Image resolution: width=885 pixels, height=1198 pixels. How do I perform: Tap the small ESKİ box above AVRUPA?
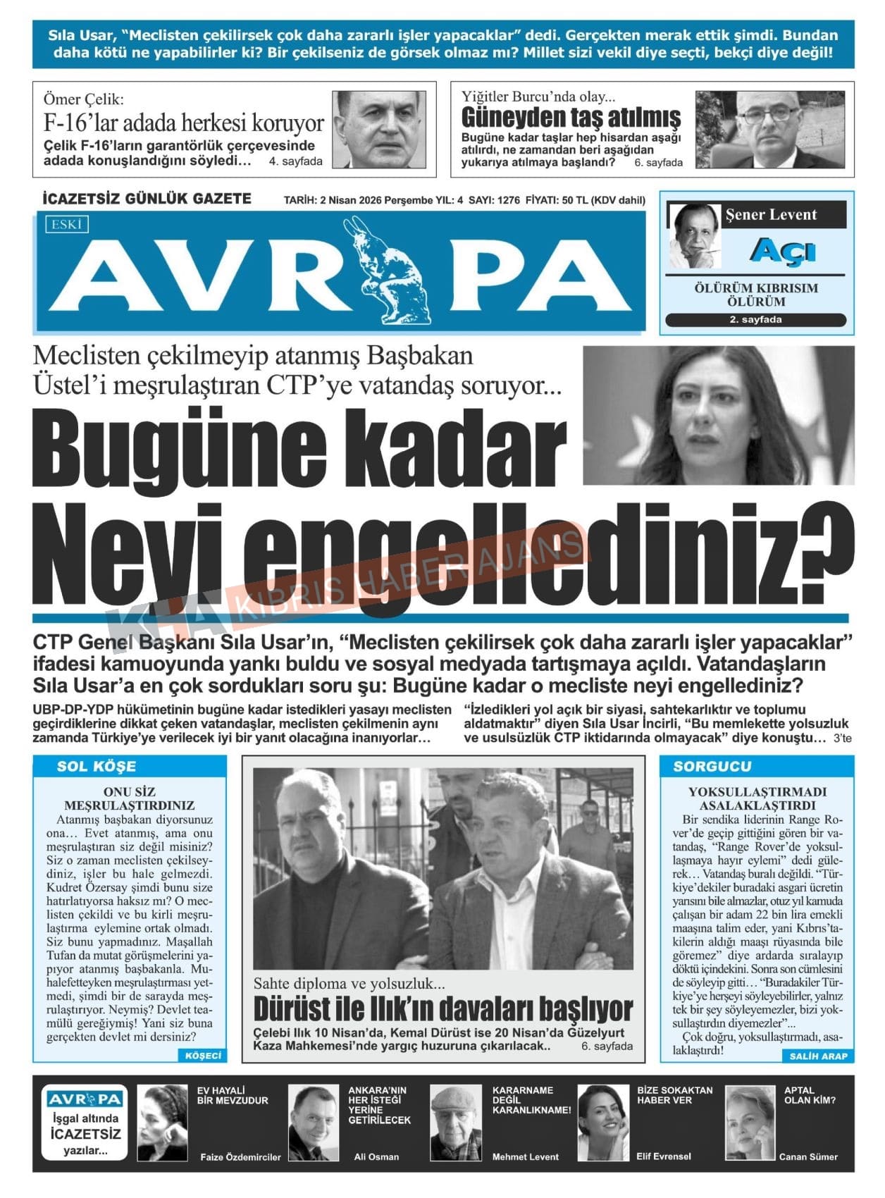click(x=67, y=225)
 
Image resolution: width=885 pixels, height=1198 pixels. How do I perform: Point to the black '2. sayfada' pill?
click(x=755, y=320)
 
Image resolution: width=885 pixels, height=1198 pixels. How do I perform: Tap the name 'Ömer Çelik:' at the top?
click(x=83, y=99)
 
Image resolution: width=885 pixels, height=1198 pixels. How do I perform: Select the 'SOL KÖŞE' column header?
click(x=97, y=767)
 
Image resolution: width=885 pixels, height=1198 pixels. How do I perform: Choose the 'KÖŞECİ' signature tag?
click(x=203, y=1055)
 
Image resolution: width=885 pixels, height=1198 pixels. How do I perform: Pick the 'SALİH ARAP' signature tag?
click(x=818, y=1056)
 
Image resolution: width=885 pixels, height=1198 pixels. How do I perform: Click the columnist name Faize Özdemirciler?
click(x=240, y=1156)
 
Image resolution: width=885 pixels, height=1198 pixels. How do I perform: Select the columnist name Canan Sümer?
click(x=808, y=1156)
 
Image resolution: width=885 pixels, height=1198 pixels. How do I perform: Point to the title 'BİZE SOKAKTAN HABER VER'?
click(x=674, y=1094)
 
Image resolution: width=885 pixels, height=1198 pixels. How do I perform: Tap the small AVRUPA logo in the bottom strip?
click(x=85, y=1099)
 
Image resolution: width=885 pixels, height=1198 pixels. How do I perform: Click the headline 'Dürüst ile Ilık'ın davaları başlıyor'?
click(x=442, y=1009)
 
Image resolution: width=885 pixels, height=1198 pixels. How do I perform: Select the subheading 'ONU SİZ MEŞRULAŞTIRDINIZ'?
click(x=129, y=798)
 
